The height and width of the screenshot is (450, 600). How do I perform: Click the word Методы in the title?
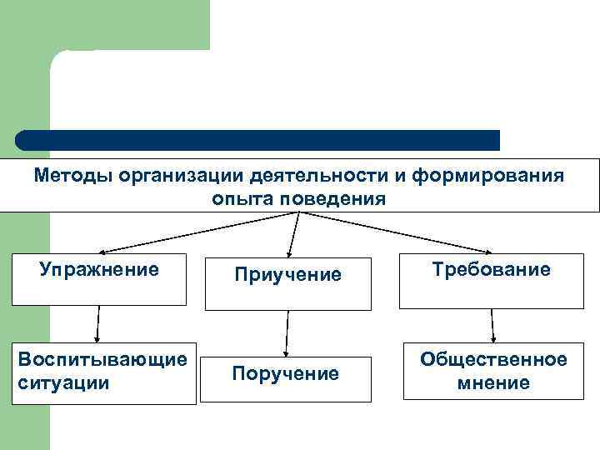73,176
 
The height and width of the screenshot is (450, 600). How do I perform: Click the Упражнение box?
99,279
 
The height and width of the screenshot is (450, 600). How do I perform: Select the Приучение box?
288,283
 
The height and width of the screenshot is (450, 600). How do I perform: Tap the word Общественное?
493,359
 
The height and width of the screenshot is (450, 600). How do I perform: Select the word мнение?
493,382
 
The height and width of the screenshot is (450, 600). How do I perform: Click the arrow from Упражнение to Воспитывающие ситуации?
98,322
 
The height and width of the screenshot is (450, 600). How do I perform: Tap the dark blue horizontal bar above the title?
258,140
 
